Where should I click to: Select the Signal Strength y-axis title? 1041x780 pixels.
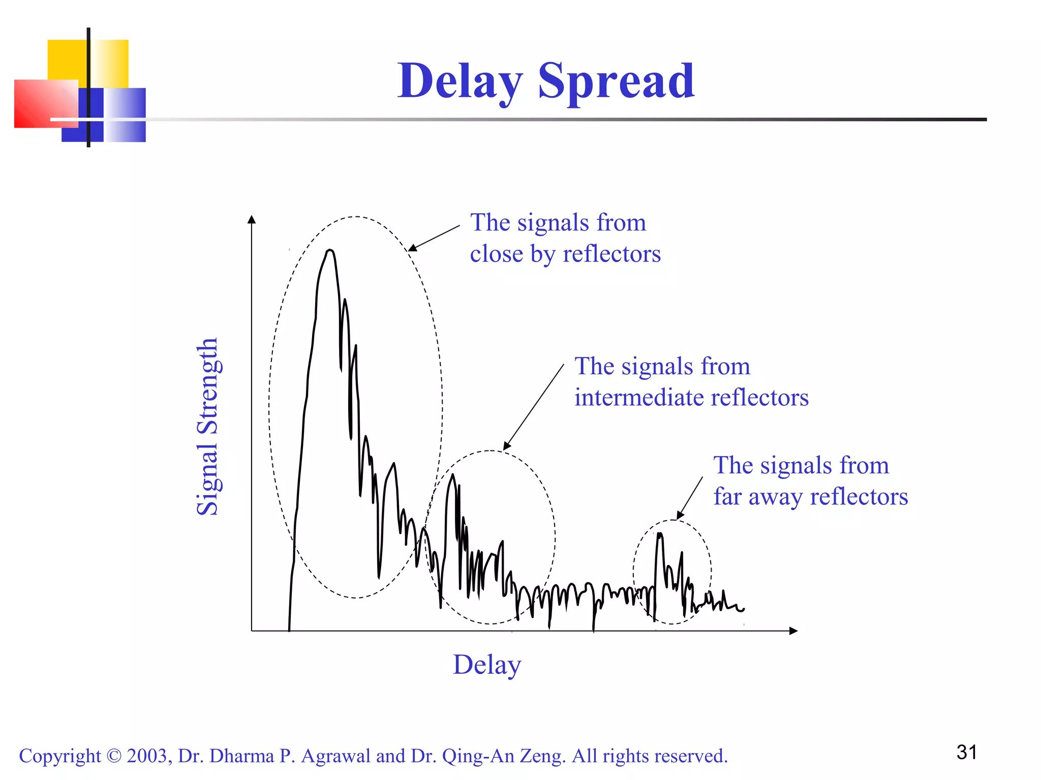207,427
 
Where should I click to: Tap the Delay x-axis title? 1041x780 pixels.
487,665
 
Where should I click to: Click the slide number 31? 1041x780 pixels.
966,753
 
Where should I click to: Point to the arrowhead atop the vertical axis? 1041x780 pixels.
252,219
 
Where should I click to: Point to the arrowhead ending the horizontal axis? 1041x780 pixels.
793,631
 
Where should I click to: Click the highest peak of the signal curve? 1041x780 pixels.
330,250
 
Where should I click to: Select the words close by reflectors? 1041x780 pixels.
565,254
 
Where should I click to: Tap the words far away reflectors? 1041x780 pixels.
810,497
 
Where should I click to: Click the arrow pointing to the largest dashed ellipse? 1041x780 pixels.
434,238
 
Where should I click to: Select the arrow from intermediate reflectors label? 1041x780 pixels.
534,406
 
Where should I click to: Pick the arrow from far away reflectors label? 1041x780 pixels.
690,498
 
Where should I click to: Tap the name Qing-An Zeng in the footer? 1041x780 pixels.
503,756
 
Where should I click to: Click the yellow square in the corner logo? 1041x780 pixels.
66,58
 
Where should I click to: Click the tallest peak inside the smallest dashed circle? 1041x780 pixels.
659,534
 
